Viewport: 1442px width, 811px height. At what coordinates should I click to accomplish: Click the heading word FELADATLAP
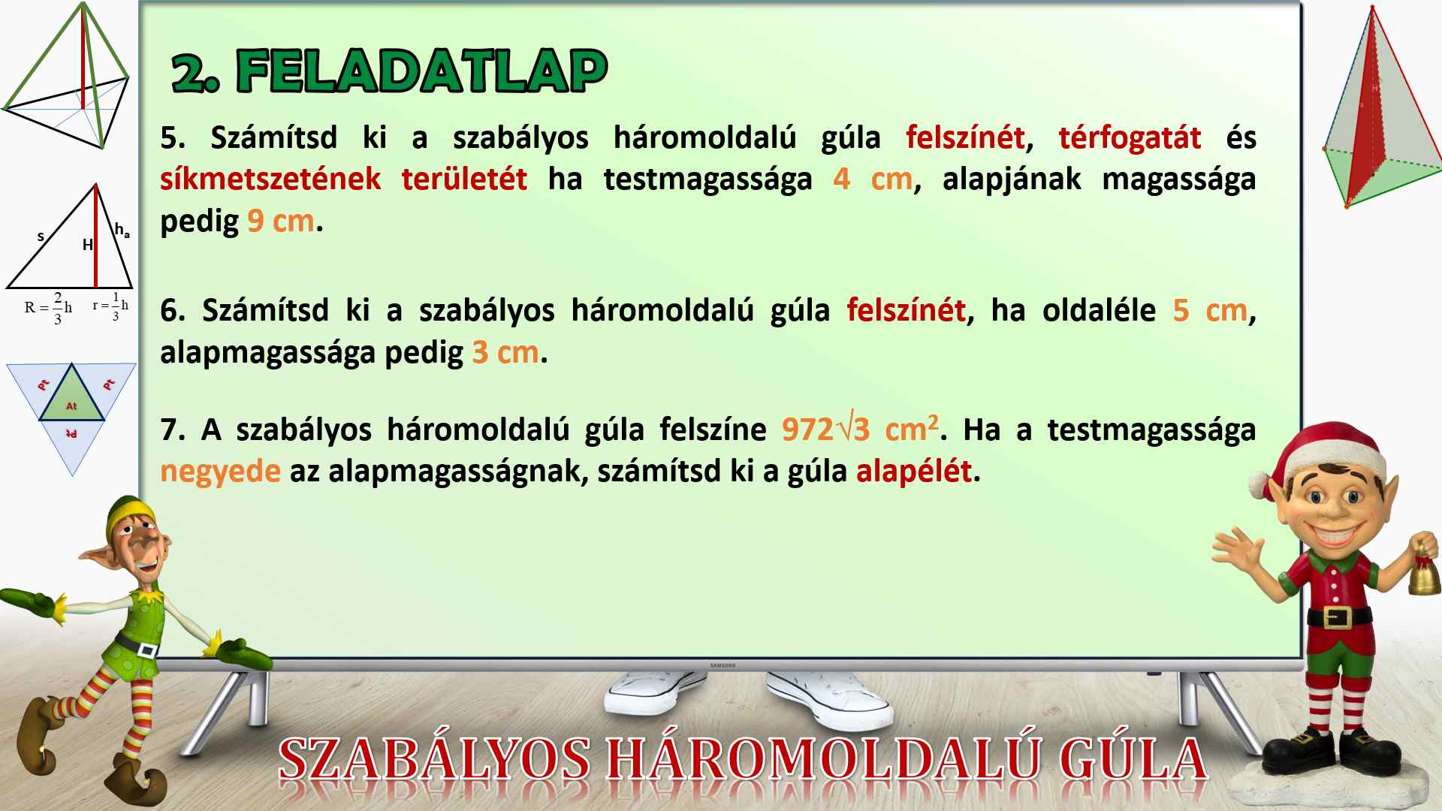(422, 72)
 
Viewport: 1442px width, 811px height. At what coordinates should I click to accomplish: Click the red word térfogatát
(1130, 138)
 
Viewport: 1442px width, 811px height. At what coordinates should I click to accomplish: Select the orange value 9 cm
(281, 222)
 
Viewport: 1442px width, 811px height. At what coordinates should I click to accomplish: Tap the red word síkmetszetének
(270, 179)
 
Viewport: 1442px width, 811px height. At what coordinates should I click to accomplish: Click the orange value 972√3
(825, 430)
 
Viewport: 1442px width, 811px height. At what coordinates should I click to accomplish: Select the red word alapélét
(914, 472)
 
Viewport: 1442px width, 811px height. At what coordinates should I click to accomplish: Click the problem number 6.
(170, 310)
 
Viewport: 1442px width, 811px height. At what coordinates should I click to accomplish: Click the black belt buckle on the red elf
(1337, 618)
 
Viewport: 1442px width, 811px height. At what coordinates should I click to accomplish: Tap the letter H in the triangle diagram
(88, 245)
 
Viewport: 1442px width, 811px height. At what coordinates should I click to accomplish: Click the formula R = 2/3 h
(48, 308)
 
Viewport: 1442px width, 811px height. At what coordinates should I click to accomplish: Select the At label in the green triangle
(71, 406)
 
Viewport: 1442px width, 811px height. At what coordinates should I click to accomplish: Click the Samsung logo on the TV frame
(723, 665)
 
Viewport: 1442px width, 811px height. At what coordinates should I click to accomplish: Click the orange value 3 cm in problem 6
(505, 352)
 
